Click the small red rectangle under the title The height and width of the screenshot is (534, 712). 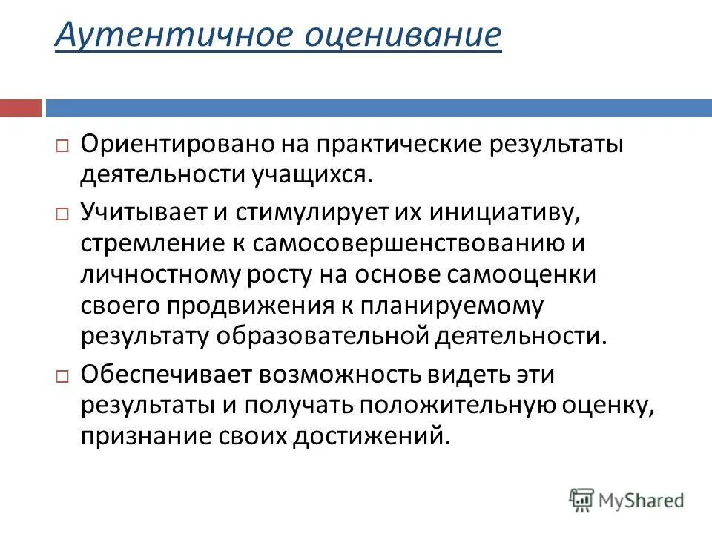tap(21, 108)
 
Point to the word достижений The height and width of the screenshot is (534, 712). tap(380, 435)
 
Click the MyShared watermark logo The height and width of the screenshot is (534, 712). tap(627, 500)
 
